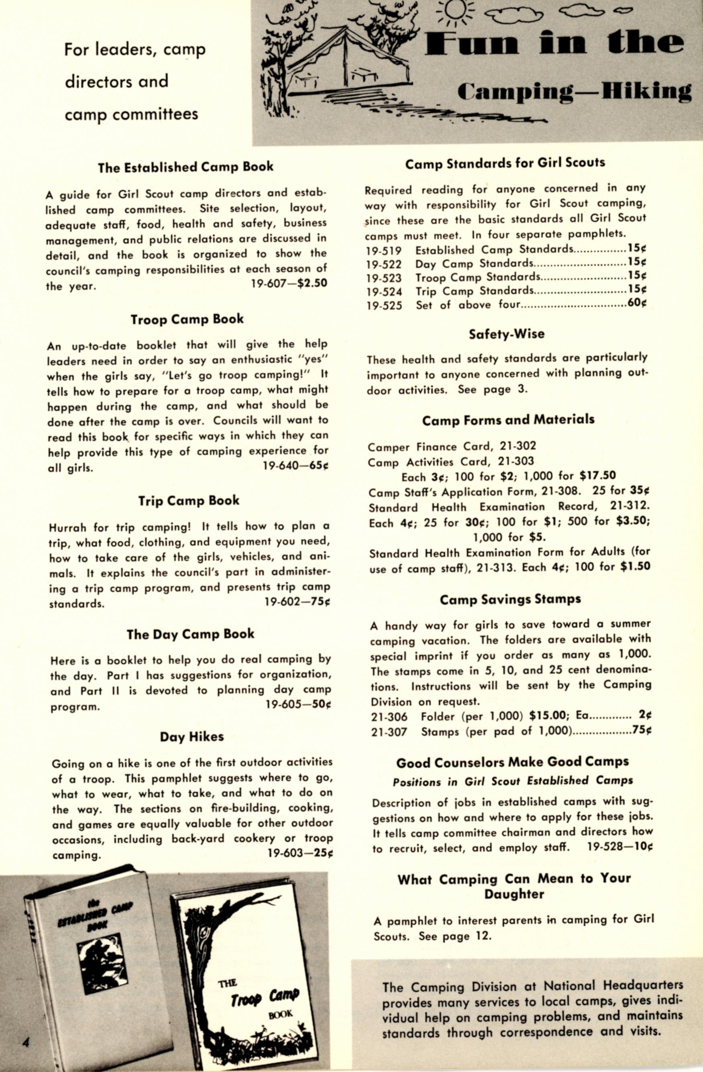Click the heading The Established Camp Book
185,167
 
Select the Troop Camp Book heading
187,319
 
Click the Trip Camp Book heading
188,501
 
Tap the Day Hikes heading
192,737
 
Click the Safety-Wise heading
507,334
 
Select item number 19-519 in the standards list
383,250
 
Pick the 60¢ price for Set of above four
637,303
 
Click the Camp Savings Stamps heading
510,600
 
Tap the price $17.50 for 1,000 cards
597,476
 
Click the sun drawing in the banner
457,10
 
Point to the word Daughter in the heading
514,894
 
